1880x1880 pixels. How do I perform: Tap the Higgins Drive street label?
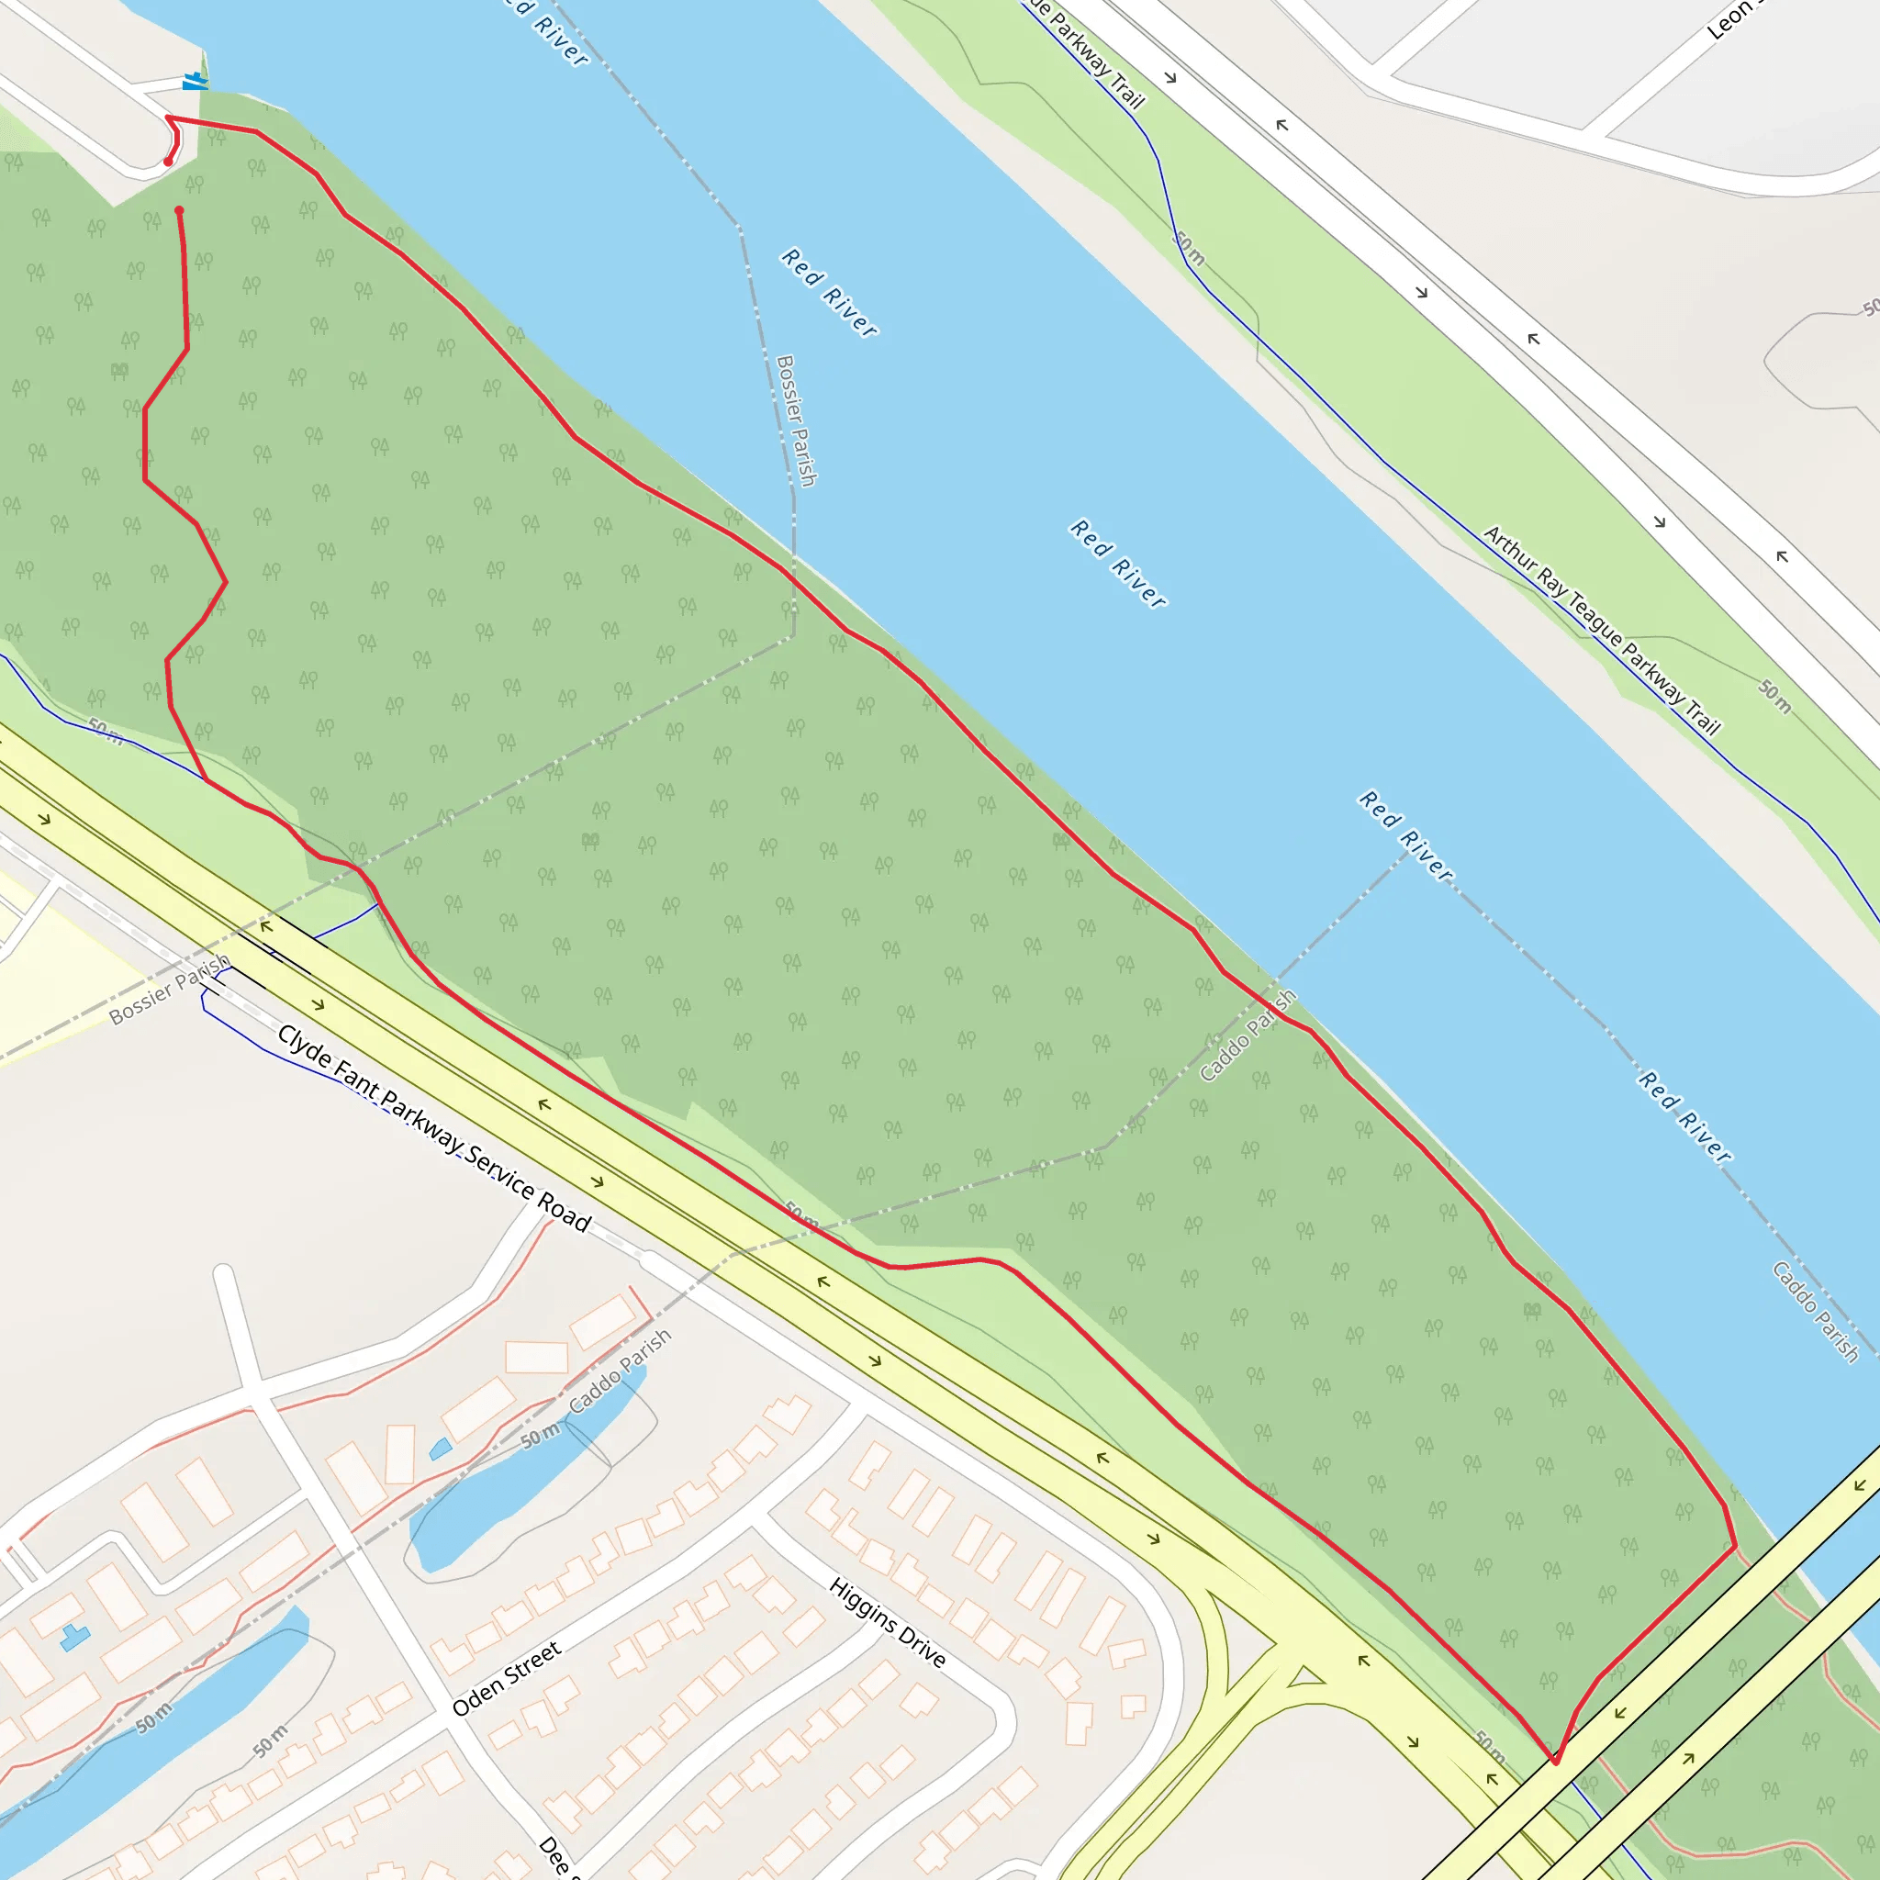[x=887, y=1622]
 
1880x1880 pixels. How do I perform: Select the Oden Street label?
[x=506, y=1679]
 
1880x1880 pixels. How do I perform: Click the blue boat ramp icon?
[x=195, y=82]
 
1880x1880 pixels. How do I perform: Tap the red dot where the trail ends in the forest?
[x=179, y=210]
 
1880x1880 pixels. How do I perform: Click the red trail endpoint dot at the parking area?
[x=168, y=162]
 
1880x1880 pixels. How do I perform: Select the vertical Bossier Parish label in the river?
[x=795, y=420]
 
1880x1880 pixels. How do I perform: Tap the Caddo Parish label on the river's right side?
[x=1815, y=1312]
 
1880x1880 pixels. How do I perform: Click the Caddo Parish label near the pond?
[x=620, y=1372]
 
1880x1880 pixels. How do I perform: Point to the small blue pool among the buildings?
[x=440, y=1449]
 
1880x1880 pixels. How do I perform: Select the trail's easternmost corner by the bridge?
[x=1735, y=1545]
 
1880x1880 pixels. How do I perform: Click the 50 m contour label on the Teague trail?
[x=1189, y=248]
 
